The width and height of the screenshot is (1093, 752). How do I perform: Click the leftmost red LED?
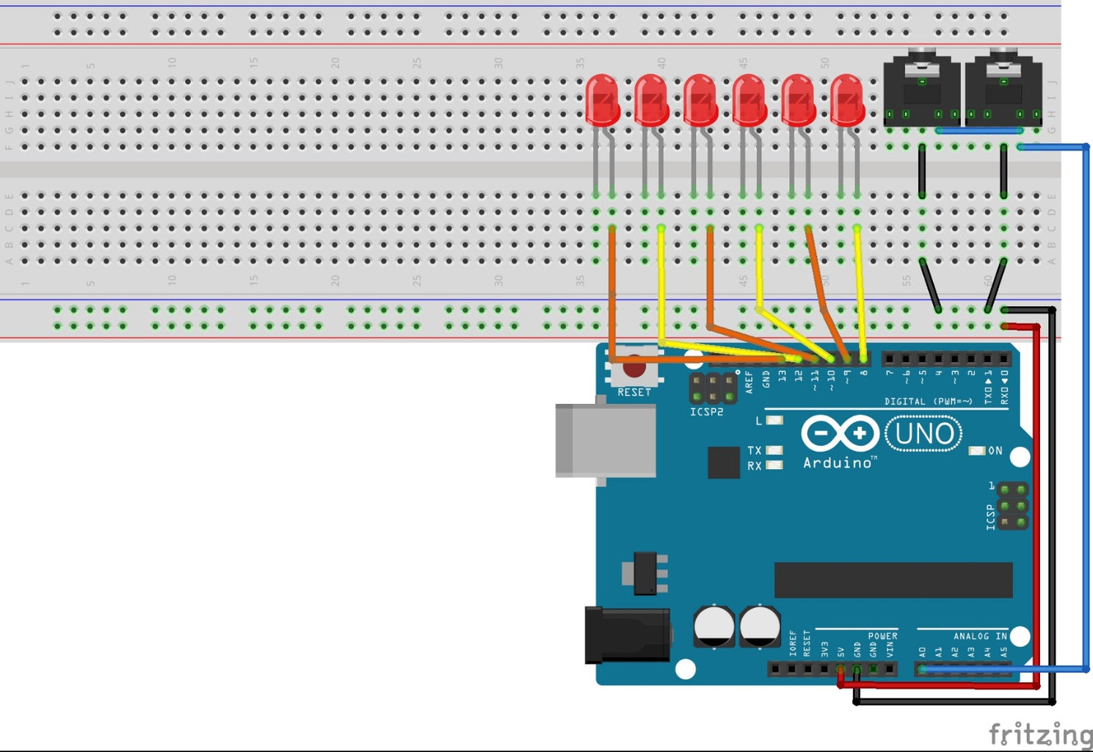[x=603, y=98]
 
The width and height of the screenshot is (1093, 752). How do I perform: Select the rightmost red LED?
[x=847, y=98]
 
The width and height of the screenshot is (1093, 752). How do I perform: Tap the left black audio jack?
[x=921, y=88]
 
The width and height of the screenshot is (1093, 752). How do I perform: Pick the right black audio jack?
[x=1003, y=88]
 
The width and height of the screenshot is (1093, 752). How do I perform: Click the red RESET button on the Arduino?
[x=634, y=366]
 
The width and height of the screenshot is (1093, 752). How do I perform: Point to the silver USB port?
[x=605, y=440]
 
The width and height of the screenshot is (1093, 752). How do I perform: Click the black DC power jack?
[x=627, y=635]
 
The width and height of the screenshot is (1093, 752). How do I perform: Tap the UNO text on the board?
[x=924, y=434]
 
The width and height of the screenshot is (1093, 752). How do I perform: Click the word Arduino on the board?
[x=838, y=463]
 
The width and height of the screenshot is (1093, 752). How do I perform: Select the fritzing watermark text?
[x=1039, y=734]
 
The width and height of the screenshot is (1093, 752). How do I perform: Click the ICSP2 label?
[x=706, y=412]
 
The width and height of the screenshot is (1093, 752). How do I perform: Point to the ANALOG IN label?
[x=980, y=636]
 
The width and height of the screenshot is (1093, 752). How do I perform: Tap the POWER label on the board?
[x=882, y=636]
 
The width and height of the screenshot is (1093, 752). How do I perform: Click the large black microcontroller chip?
[x=893, y=580]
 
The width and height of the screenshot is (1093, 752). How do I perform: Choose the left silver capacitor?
[x=713, y=626]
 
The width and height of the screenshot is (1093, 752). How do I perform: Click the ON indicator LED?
[x=977, y=450]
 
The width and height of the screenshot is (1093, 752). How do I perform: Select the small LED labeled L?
[x=774, y=421]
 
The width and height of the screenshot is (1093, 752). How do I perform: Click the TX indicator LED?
[x=774, y=450]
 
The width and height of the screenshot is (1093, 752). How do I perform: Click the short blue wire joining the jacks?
[x=979, y=131]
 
